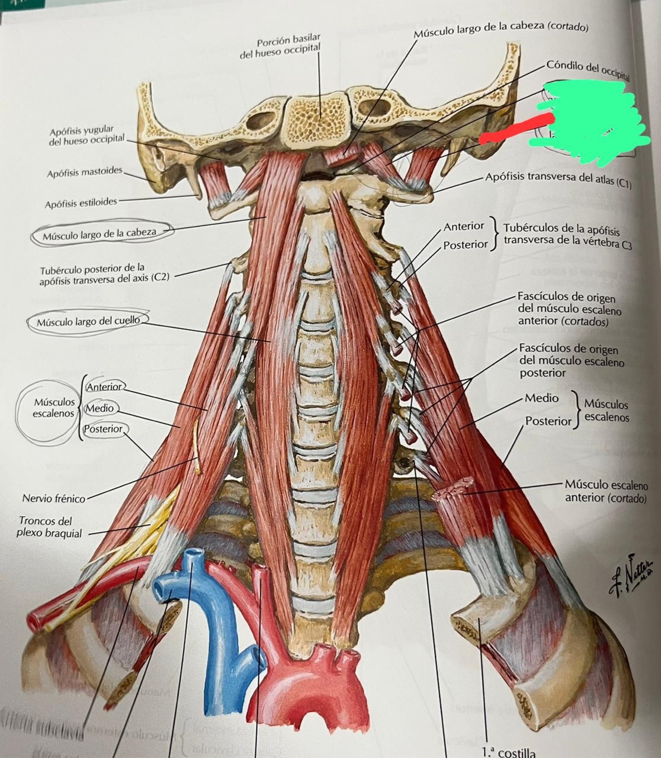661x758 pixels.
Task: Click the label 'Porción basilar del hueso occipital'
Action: click(x=281, y=48)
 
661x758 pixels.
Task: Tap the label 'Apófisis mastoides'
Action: click(x=85, y=173)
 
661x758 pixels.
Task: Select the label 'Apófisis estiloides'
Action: click(x=81, y=203)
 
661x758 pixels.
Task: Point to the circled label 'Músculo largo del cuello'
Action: click(x=88, y=322)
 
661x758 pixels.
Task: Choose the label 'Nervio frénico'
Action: click(x=54, y=498)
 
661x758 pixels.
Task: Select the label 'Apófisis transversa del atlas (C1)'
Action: click(x=558, y=180)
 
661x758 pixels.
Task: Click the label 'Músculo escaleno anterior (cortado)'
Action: click(x=606, y=491)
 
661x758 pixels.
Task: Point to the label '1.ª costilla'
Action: click(x=508, y=753)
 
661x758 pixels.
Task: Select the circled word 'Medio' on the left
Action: click(x=100, y=408)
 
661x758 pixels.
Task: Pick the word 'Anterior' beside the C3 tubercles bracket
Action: click(x=463, y=226)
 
